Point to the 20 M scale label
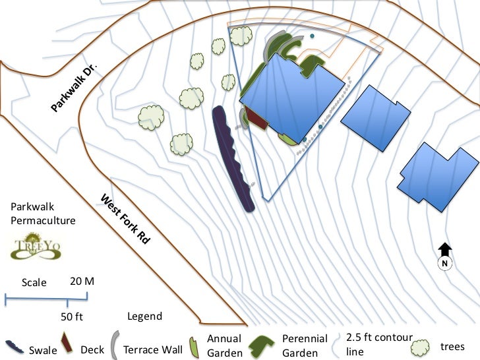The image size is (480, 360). point(82,282)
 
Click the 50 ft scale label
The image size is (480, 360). point(72,316)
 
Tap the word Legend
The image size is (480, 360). point(144,316)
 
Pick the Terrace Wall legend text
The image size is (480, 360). point(152,349)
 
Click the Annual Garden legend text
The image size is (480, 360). point(225,345)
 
